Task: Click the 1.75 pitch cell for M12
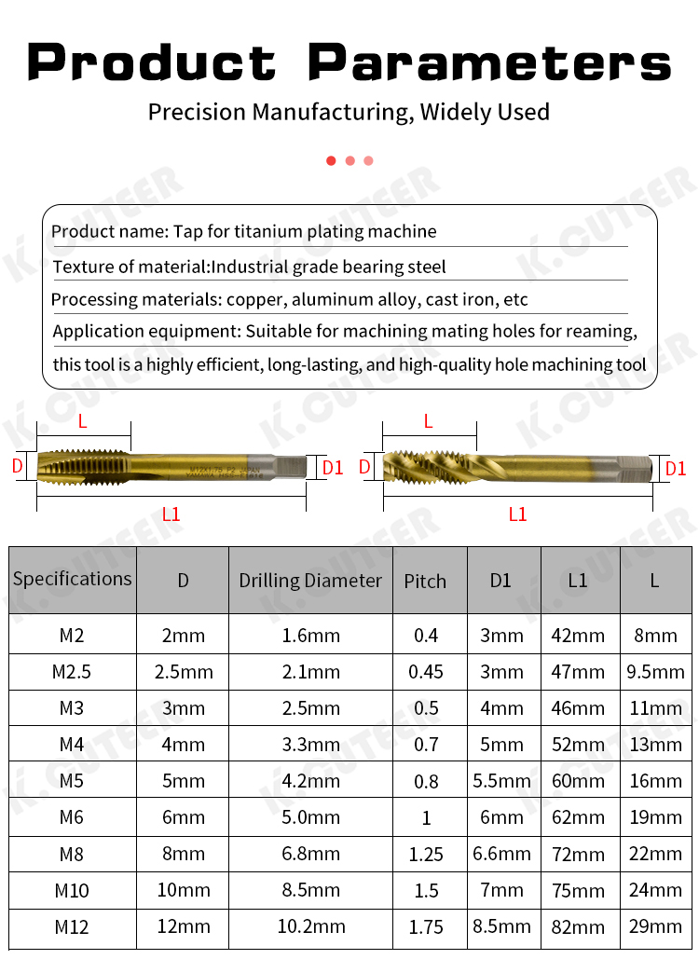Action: point(426,926)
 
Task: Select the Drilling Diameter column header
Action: point(310,581)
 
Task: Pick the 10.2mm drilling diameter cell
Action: point(310,926)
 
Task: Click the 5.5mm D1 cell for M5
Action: point(501,781)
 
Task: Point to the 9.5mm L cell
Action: point(656,672)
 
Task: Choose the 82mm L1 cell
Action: point(578,926)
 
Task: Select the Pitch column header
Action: point(425,581)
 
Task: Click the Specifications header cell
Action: point(73,579)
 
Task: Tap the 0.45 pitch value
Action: point(426,672)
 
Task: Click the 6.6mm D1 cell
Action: point(501,854)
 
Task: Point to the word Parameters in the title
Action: point(490,62)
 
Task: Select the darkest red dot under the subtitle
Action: point(331,161)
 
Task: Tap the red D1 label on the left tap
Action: point(333,468)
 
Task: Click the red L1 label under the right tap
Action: point(517,514)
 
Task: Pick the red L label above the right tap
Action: point(429,421)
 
